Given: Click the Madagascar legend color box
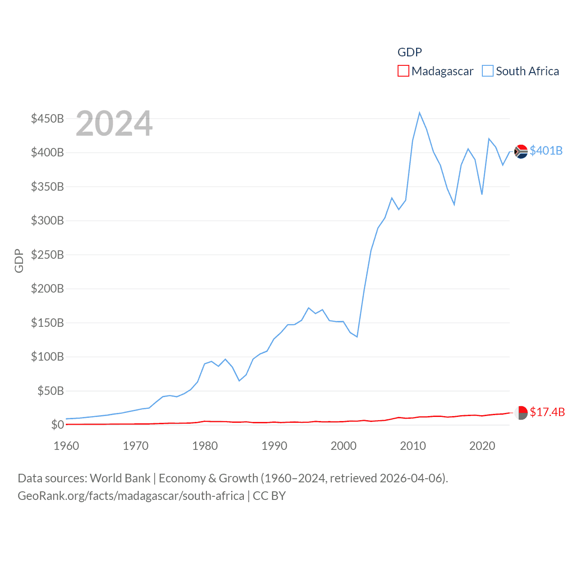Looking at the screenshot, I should click(x=403, y=71).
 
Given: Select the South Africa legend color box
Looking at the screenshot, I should click(x=488, y=71).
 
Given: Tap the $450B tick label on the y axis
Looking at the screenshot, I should click(x=47, y=119).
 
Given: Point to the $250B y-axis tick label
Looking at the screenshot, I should click(x=47, y=255).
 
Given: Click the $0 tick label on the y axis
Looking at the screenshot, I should click(x=57, y=425).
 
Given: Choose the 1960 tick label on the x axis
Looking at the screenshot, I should click(x=66, y=446).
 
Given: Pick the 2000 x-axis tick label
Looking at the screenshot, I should click(x=343, y=446).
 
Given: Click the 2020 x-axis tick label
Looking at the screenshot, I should click(x=482, y=446).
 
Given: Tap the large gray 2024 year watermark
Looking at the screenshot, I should click(x=114, y=124).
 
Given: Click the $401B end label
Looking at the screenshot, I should click(x=546, y=151).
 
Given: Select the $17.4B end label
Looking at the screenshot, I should click(x=547, y=412).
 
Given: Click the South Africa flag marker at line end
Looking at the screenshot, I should click(x=521, y=151).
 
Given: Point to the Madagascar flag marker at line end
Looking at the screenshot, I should click(x=521, y=413).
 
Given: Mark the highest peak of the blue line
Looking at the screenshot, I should click(x=419, y=113).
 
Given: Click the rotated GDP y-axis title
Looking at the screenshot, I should click(x=19, y=261).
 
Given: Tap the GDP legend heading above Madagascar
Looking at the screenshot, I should click(x=409, y=52).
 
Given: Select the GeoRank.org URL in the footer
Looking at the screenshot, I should click(x=131, y=496).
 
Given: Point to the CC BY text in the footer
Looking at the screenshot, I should click(x=269, y=496).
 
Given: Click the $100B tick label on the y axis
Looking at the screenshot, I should click(x=47, y=357).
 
